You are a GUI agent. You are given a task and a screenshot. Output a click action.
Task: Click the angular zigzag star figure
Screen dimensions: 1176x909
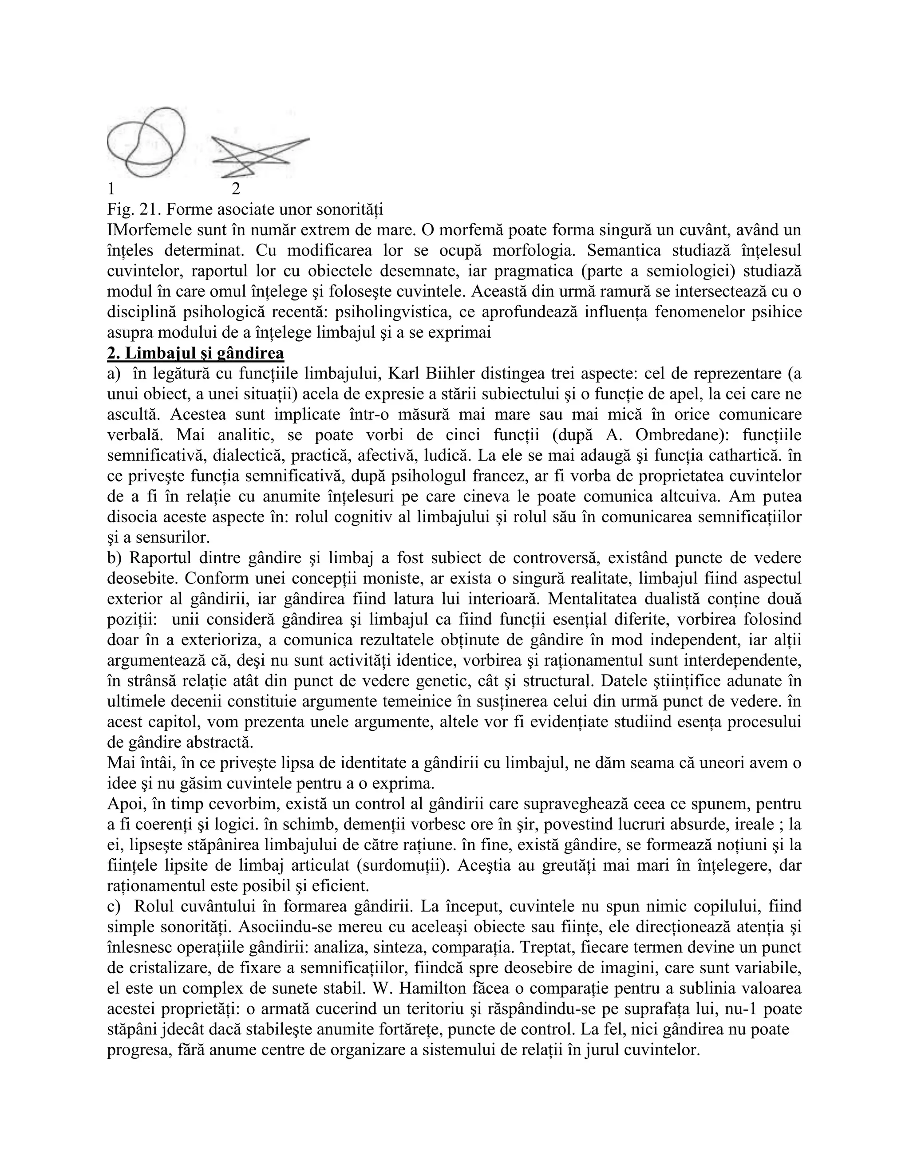(258, 156)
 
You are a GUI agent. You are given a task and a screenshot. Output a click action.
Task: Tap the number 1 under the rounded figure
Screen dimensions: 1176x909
(111, 189)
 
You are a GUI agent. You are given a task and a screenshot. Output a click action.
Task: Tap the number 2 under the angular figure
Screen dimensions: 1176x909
(235, 189)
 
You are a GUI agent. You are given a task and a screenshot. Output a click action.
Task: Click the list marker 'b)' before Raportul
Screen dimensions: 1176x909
(115, 558)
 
